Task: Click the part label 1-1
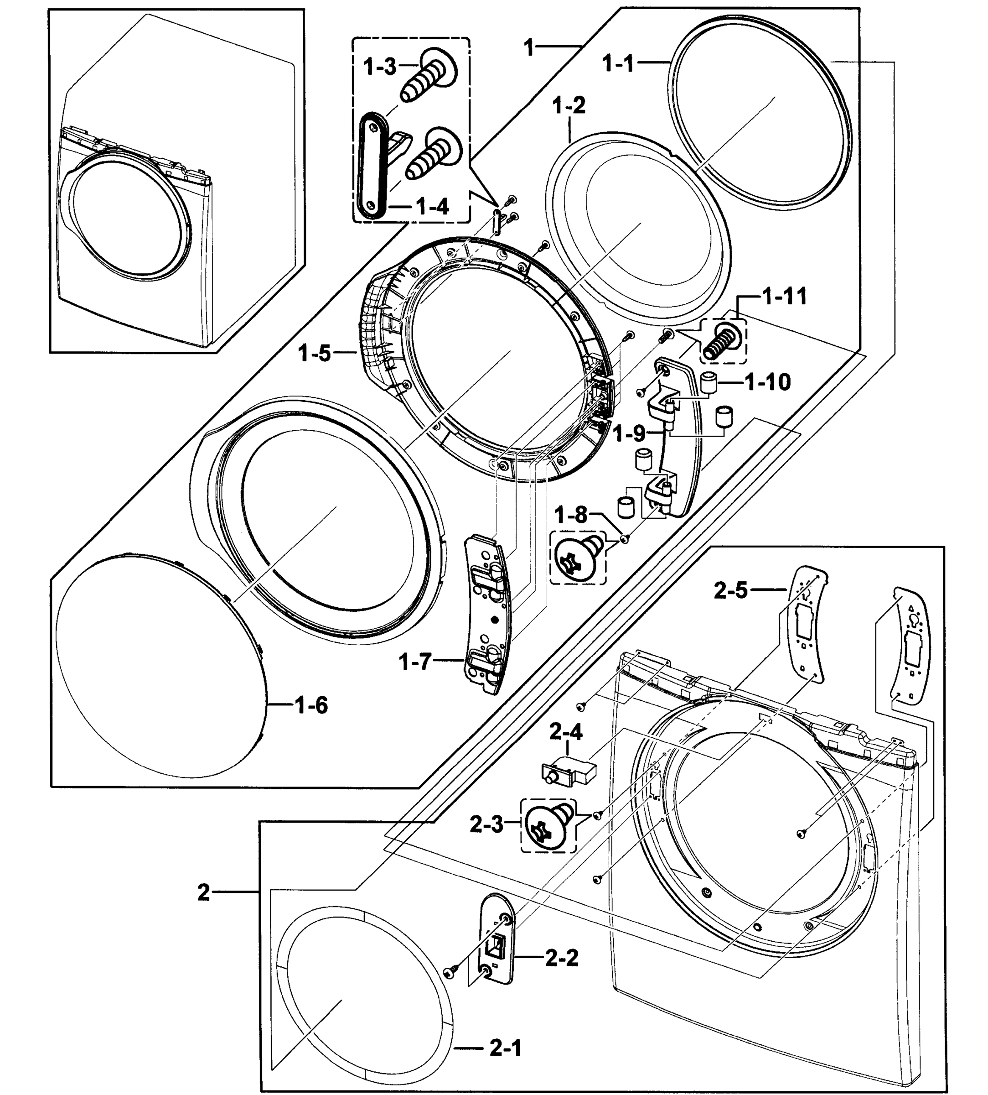618,64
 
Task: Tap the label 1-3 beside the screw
379,68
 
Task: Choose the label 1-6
311,706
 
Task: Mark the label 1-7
415,662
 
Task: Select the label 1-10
768,382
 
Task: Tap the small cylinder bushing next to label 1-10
707,383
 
